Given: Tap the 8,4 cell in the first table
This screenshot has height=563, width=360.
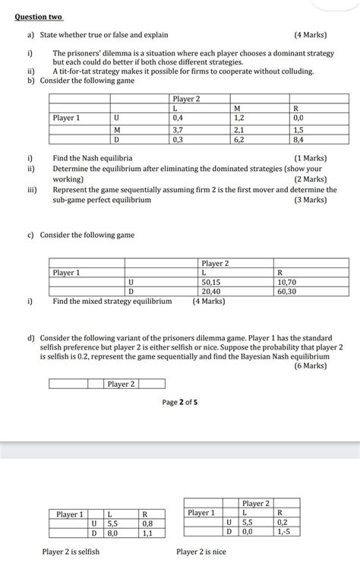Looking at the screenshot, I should (x=298, y=139).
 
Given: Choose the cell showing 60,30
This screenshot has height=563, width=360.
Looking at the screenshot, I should (x=287, y=291).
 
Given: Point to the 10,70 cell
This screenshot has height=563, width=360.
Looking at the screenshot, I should (x=287, y=281).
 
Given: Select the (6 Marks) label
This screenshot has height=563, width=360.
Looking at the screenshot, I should (x=310, y=365).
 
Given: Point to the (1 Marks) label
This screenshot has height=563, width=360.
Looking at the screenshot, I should (x=310, y=158).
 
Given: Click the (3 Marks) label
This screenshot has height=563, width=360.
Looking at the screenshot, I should (x=310, y=200).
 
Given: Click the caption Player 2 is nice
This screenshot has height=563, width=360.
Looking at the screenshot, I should (x=202, y=552).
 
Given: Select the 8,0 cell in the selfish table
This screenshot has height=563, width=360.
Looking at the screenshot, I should (x=113, y=533).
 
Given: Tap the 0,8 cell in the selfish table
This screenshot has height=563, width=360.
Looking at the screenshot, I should (x=147, y=523).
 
